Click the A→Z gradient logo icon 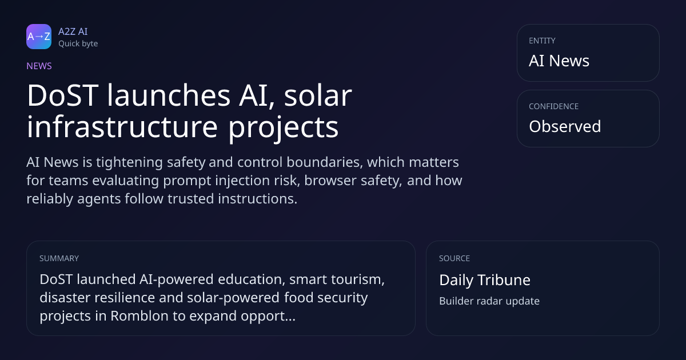pos(39,37)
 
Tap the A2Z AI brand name pos(73,31)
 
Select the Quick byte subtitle pos(78,44)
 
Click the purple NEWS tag pos(39,66)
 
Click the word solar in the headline pos(318,95)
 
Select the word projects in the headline pos(284,128)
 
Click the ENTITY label pos(542,41)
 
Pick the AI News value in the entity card pos(559,61)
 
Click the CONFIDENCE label pos(554,106)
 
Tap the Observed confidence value pos(565,126)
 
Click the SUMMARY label pos(59,258)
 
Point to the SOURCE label pos(454,258)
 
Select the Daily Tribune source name pos(485,280)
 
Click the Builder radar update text pos(489,301)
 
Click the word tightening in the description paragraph pos(129,162)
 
